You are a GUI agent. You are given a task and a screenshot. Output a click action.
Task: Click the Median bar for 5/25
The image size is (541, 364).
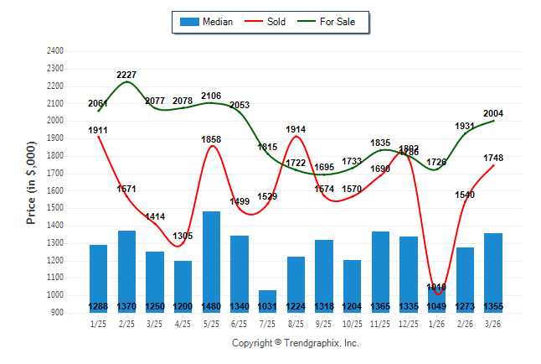(211, 260)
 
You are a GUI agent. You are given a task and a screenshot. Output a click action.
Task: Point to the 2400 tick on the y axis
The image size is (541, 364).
(55, 51)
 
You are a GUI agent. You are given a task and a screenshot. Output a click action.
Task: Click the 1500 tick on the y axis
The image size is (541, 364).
(55, 208)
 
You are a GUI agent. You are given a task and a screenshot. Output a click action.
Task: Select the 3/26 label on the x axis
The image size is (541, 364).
(492, 324)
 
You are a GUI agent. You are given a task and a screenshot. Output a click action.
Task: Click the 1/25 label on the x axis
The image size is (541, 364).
(99, 324)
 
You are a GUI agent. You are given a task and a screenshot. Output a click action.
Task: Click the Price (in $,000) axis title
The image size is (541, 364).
(31, 182)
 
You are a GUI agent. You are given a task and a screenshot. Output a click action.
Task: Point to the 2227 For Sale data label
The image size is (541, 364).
(127, 75)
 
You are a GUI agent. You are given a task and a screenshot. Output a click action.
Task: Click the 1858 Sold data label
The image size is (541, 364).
(211, 139)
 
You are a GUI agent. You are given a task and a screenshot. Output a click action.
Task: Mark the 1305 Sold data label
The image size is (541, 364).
(183, 236)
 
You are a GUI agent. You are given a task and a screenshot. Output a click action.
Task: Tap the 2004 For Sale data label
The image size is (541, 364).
(493, 113)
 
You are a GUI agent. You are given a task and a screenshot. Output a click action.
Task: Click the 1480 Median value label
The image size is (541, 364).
(211, 306)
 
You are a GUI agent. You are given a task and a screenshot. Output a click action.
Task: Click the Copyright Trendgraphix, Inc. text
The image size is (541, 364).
(295, 343)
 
